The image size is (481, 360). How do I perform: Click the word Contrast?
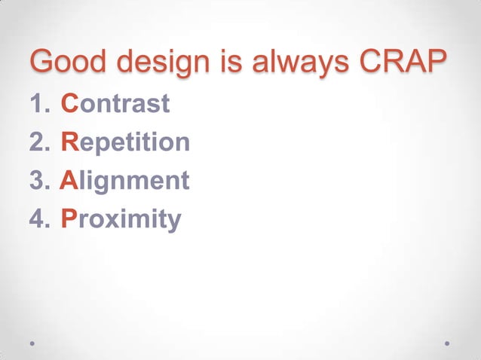click(x=115, y=104)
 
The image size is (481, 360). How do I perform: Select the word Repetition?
click(x=124, y=143)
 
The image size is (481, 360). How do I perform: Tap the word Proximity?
click(x=121, y=220)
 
